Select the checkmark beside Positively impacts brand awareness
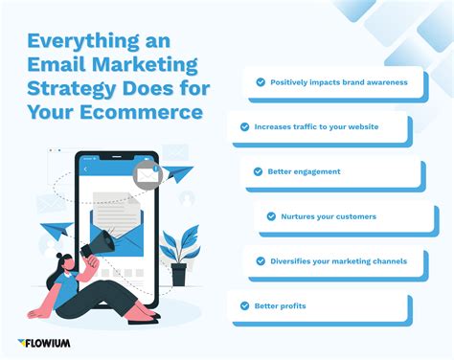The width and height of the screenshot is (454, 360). [260, 82]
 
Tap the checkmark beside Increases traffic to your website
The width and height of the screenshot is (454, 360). [245, 126]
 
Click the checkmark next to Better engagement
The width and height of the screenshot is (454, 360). [258, 171]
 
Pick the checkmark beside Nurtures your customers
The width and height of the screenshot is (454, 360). [272, 216]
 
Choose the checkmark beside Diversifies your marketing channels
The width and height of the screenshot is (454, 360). [260, 260]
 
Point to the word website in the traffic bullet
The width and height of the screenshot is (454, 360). [357, 126]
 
